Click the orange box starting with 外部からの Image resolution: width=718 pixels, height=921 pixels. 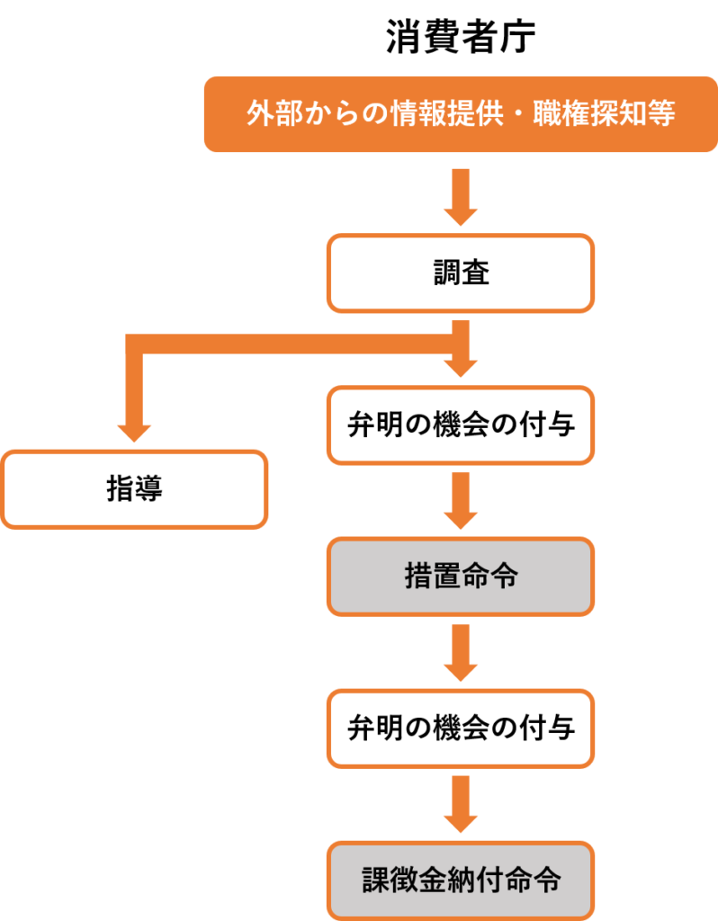click(460, 114)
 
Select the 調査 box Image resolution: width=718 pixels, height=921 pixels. click(460, 273)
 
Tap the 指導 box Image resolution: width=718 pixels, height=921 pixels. click(134, 489)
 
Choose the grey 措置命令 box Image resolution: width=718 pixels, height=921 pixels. click(460, 577)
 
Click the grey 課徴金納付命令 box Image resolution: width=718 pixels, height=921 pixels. click(460, 880)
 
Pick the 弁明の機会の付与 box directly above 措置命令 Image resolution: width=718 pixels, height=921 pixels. click(460, 425)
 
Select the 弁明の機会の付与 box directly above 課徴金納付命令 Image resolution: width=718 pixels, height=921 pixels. click(460, 728)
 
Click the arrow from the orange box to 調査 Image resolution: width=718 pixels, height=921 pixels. click(460, 196)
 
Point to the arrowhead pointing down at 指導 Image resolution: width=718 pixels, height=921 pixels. click(134, 432)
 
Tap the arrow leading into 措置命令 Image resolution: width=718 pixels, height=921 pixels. click(460, 501)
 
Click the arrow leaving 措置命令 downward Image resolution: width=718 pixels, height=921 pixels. click(460, 653)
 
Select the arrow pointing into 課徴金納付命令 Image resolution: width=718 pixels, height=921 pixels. click(460, 804)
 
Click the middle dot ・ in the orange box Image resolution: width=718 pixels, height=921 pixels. click(517, 115)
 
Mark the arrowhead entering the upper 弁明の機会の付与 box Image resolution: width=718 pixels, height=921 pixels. click(460, 368)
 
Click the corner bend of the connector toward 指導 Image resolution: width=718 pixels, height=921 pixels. click(135, 345)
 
